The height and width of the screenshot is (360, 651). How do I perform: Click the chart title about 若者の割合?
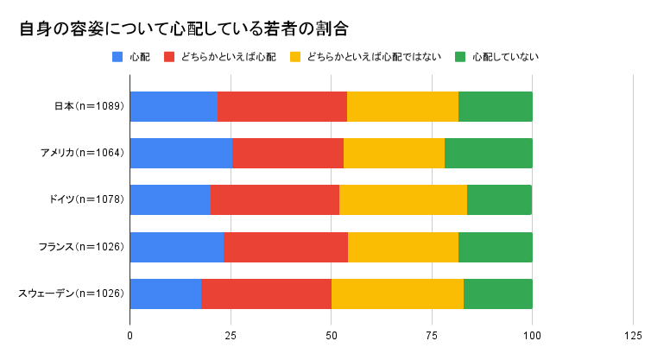click(x=183, y=28)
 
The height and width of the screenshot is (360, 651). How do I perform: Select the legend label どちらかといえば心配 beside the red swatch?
click(x=229, y=58)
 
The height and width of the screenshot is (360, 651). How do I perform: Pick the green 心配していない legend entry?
click(x=506, y=58)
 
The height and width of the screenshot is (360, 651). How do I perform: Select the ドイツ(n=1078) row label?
click(x=87, y=199)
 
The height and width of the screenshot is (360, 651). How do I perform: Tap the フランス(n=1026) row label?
click(x=85, y=247)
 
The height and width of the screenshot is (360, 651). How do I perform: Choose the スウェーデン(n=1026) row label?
click(x=72, y=294)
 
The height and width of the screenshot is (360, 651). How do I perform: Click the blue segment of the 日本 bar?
click(x=174, y=106)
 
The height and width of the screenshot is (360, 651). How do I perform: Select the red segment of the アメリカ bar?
click(x=288, y=153)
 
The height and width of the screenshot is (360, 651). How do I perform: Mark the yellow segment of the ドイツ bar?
click(x=402, y=199)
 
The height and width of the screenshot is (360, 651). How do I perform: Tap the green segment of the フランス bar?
click(x=495, y=247)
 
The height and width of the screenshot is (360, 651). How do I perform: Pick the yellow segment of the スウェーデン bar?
click(x=397, y=294)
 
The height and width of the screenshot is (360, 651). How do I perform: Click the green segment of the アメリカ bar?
click(x=488, y=153)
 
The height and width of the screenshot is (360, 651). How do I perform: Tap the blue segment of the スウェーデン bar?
click(x=166, y=294)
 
